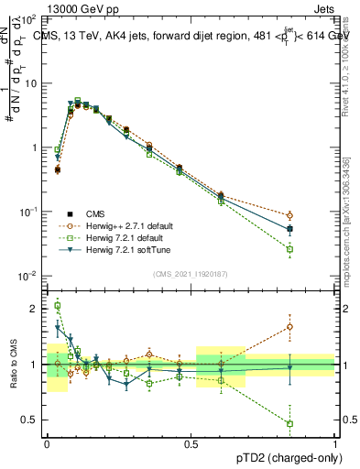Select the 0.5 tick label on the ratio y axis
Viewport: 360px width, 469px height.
click(30, 420)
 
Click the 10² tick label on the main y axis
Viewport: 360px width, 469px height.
click(28, 18)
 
